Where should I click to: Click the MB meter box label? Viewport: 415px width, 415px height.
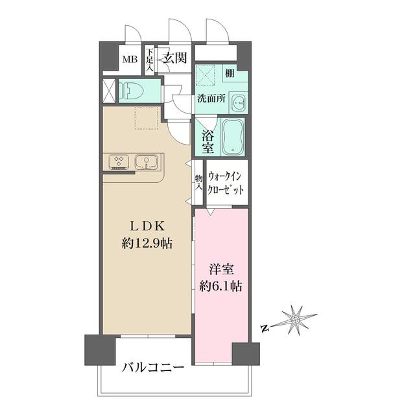130,60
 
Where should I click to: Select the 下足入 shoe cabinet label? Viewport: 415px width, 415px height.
149,59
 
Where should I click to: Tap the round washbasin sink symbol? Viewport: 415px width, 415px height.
239,102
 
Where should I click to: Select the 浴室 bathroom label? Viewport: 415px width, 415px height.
207,142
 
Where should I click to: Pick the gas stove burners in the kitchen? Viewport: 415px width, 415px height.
119,161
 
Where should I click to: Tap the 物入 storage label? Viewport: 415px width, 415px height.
198,182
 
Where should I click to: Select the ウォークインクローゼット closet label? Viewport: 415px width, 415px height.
226,184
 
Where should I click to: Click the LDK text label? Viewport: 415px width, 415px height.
148,226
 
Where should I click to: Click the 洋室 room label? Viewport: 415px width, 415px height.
221,268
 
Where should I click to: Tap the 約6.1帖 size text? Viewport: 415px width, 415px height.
221,285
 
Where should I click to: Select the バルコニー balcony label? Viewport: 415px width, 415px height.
153,367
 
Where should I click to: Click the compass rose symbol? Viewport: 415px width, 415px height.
295,319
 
